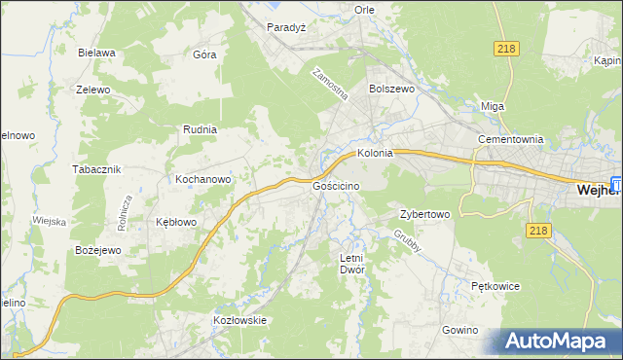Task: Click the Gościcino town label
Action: tap(338, 185)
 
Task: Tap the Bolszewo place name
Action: tap(391, 88)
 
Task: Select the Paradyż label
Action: tap(287, 28)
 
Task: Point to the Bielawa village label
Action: tap(97, 54)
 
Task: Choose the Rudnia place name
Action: tap(200, 128)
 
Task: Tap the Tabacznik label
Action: tap(95, 168)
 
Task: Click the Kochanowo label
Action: tap(202, 179)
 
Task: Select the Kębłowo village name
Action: tap(176, 222)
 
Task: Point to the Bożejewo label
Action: tap(97, 250)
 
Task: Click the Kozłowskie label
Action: tap(239, 319)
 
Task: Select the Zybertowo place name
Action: tap(424, 214)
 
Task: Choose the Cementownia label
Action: tap(509, 139)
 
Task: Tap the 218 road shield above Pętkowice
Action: tap(538, 230)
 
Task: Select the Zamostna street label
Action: tap(330, 85)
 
